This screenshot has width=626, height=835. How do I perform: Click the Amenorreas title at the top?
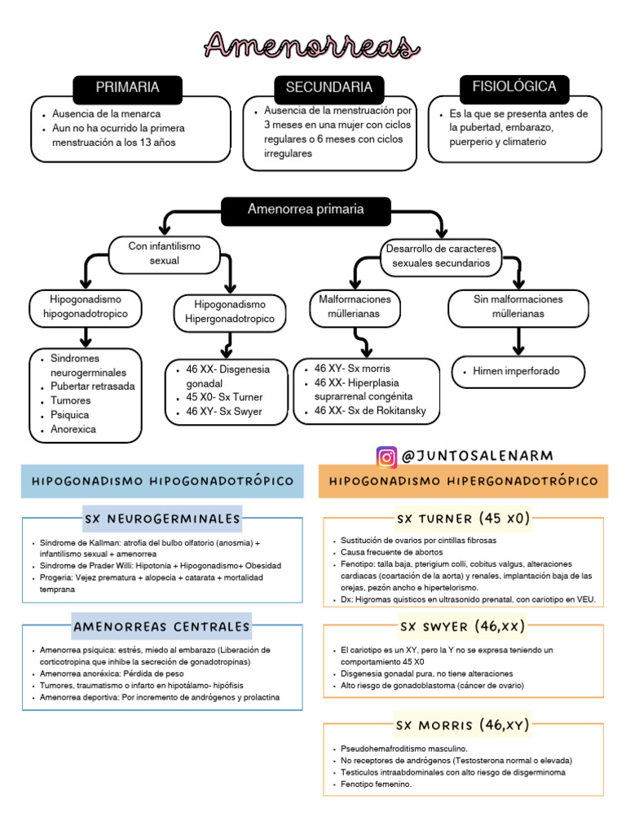point(311,45)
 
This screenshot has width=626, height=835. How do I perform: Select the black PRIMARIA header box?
point(127,87)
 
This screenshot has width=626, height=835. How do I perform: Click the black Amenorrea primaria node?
point(306,210)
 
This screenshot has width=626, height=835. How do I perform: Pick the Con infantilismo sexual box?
point(164,253)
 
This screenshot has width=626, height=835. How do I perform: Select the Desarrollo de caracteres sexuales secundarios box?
point(441,255)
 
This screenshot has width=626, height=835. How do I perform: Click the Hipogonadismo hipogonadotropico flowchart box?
point(86,307)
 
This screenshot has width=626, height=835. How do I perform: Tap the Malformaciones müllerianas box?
point(355,307)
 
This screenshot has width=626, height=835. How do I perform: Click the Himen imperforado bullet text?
point(517,371)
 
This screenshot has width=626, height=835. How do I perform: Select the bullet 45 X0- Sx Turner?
point(219,397)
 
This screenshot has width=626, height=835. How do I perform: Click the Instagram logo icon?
point(386,457)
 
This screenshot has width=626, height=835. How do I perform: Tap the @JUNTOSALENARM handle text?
point(478,456)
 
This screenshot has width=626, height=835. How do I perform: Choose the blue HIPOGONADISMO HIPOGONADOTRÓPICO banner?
point(162,481)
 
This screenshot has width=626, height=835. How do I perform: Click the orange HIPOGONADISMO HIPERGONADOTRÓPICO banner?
point(463,481)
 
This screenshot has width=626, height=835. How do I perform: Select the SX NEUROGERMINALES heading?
point(162,519)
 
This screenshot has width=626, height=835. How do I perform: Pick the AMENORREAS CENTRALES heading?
point(162,626)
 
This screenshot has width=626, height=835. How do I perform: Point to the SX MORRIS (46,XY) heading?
point(462,724)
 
